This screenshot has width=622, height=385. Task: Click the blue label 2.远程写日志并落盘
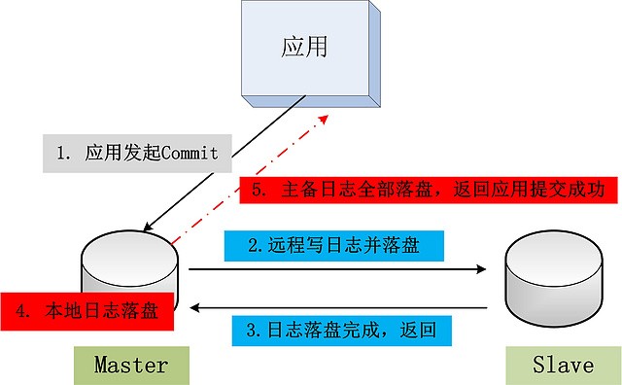tap(333, 246)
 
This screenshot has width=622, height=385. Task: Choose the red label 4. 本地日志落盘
tap(87, 311)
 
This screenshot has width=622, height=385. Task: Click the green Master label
tap(130, 366)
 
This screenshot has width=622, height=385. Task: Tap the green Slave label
tap(563, 366)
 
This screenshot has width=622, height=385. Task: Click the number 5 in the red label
tap(258, 191)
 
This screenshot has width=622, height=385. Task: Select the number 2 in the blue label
tap(251, 246)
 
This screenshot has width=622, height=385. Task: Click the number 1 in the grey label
tap(61, 153)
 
